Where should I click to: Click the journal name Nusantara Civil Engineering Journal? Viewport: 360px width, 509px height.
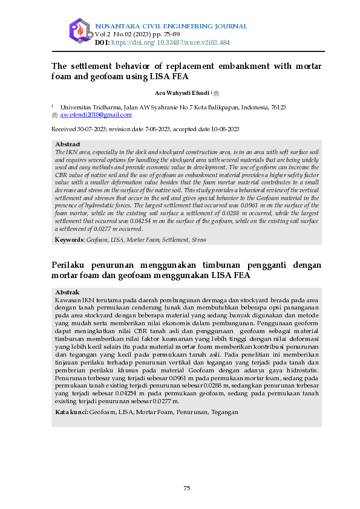(171, 27)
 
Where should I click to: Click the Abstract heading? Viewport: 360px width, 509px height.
(68, 144)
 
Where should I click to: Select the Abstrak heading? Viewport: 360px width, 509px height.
(67, 292)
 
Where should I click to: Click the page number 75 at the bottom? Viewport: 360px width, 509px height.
(187, 488)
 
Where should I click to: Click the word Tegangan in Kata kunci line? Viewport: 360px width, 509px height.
(224, 412)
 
